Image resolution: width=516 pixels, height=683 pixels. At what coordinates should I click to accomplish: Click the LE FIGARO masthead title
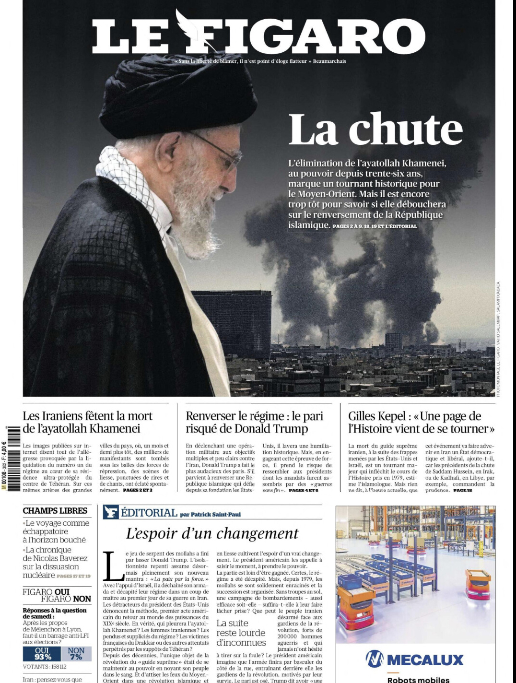(259, 36)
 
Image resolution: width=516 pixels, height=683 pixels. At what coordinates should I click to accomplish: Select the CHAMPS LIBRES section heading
(55, 510)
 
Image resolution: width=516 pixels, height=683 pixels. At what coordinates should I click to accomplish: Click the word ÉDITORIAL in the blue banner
(149, 513)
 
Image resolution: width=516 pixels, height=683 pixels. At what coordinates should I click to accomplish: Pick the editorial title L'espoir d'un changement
(212, 533)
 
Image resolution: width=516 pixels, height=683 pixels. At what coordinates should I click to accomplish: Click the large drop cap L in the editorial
(114, 566)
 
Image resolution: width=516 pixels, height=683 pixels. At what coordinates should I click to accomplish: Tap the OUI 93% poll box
(42, 654)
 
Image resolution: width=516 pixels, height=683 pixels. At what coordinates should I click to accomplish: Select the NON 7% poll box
(76, 654)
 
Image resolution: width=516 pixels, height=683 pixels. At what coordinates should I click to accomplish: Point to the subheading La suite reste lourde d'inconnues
(241, 633)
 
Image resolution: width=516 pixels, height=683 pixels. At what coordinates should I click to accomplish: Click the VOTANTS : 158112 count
(44, 667)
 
